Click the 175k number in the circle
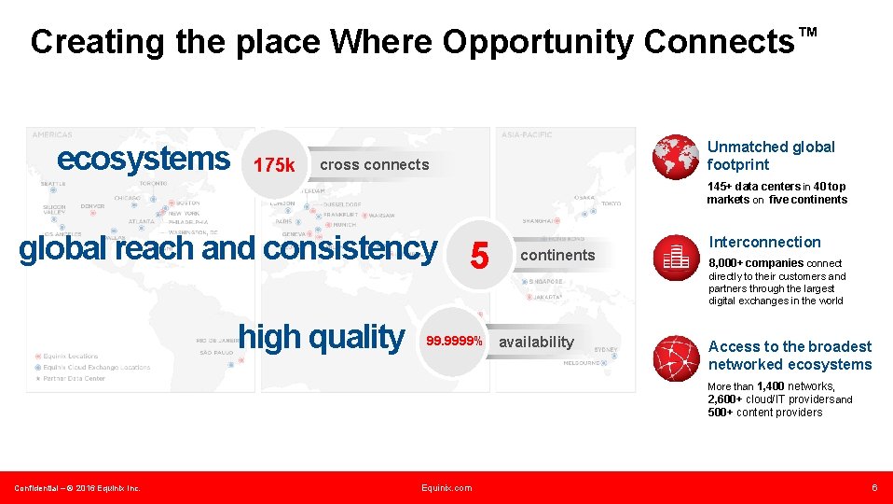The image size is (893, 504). [274, 166]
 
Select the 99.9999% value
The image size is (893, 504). [454, 342]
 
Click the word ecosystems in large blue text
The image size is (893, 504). [144, 159]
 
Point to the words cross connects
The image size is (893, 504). [374, 165]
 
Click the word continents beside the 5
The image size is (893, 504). [557, 255]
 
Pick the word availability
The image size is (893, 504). [536, 342]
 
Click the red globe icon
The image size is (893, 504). [676, 156]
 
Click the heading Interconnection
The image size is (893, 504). [764, 242]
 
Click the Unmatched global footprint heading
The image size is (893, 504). [771, 155]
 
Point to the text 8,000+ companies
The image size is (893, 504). [756, 263]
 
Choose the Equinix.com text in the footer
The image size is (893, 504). [446, 488]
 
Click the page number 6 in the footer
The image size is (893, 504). [874, 488]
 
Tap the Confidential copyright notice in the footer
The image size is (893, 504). [77, 488]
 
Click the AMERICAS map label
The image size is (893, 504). [52, 134]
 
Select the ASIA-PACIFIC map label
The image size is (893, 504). [527, 134]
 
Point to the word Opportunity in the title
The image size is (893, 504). [539, 42]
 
